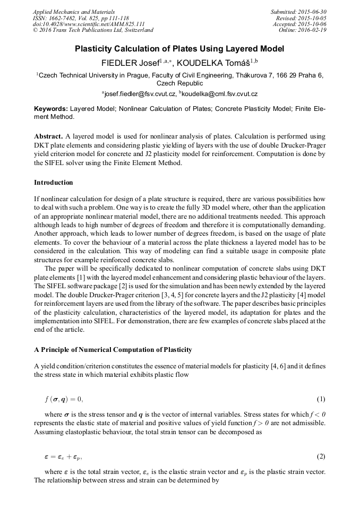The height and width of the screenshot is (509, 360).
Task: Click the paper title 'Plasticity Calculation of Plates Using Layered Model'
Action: [179, 49]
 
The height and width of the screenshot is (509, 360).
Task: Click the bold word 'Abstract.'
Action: [49, 136]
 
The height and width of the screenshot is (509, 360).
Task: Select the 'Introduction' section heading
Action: [54, 183]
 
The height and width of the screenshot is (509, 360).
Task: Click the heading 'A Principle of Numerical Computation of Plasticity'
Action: [113, 350]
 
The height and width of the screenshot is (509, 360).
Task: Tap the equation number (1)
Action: [321, 399]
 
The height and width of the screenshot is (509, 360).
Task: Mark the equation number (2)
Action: [321, 456]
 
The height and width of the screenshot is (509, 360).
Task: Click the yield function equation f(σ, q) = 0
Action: [64, 399]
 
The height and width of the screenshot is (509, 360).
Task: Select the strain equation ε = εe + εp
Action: [63, 456]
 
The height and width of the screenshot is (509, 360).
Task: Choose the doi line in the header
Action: [89, 24]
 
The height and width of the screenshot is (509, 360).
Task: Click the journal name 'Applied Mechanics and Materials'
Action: [74, 12]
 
